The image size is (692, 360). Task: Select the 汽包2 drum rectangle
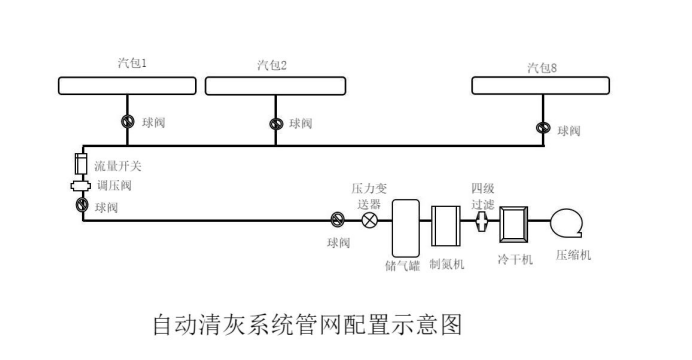click(x=274, y=86)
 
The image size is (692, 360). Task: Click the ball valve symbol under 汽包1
click(x=128, y=122)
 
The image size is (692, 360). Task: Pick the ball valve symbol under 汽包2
click(x=275, y=124)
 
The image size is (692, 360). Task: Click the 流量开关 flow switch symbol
click(x=82, y=163)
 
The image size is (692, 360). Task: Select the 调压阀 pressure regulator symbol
click(x=82, y=186)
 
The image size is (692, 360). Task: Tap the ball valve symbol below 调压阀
click(x=82, y=206)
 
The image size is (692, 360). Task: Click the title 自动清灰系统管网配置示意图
click(x=307, y=324)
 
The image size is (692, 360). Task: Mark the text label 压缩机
click(x=573, y=255)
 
